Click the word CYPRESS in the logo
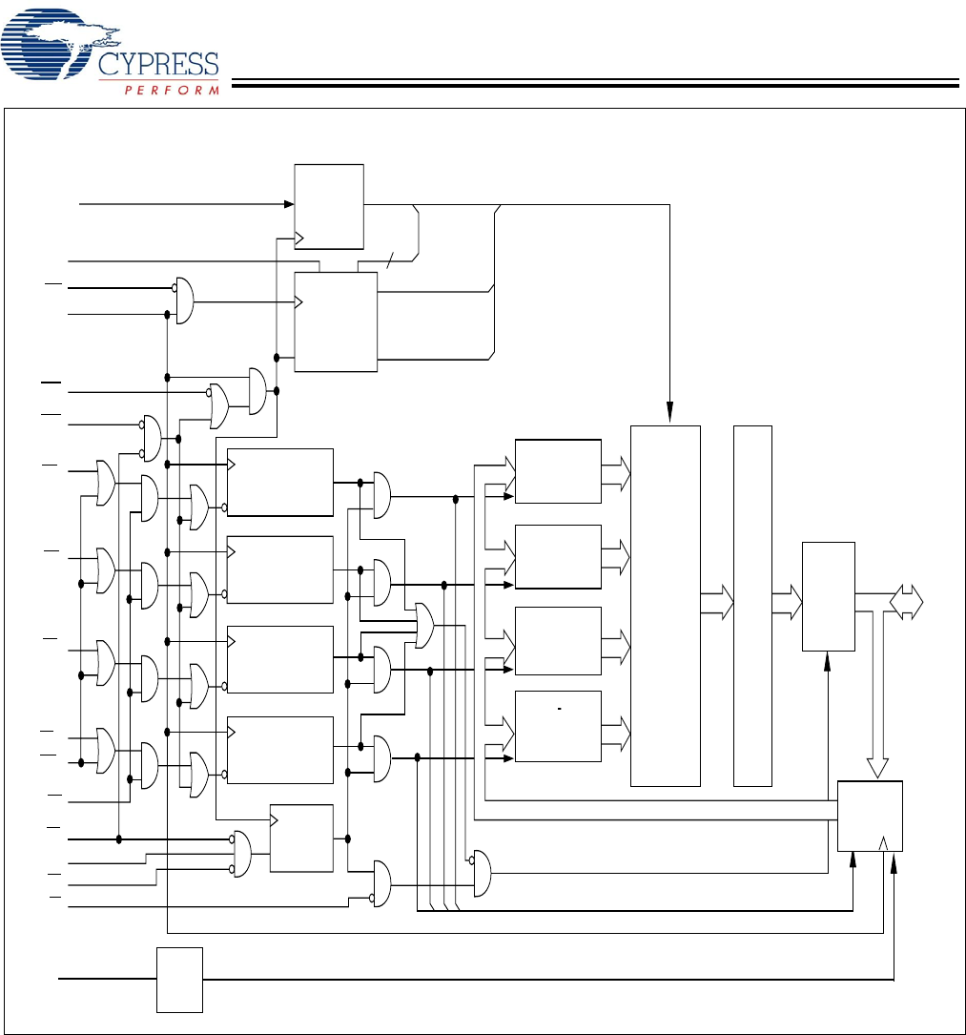(x=158, y=64)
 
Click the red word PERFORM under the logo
(x=172, y=90)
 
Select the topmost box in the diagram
(x=329, y=206)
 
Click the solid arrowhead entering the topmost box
(x=288, y=203)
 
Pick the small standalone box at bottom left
(x=179, y=980)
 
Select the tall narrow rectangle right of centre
(x=752, y=606)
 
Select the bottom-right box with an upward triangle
(x=869, y=816)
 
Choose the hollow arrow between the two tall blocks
(x=717, y=603)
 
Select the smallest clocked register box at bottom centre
(x=301, y=838)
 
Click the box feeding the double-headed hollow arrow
(x=829, y=596)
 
